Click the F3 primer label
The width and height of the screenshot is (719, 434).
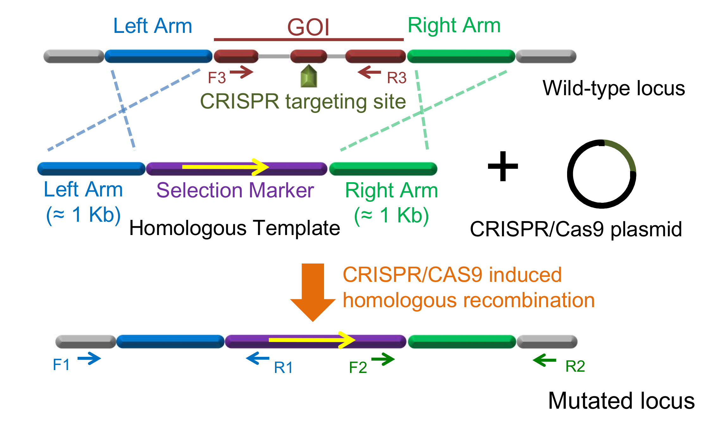coord(217,78)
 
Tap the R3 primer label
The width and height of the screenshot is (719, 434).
coord(397,78)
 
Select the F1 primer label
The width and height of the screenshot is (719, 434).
coord(61,365)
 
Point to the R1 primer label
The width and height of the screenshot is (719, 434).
coord(283,368)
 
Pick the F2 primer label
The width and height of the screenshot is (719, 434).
coord(358,368)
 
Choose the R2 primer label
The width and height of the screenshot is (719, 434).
coord(575,366)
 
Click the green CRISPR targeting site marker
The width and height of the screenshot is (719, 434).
coord(309,76)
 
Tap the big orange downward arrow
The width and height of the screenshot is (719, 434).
coord(313,291)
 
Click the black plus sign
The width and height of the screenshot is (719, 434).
coord(503,166)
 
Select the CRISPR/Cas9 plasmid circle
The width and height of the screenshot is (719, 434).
coord(602,174)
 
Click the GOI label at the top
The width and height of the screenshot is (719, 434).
coord(308,27)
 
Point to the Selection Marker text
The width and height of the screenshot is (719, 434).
coord(235,190)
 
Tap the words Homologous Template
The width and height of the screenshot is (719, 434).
coord(234,228)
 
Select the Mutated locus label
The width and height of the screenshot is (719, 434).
coord(621,401)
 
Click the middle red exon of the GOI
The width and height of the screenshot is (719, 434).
coord(309,56)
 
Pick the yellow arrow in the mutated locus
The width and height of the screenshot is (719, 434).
coord(312,340)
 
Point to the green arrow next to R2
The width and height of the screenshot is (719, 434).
coord(544,360)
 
